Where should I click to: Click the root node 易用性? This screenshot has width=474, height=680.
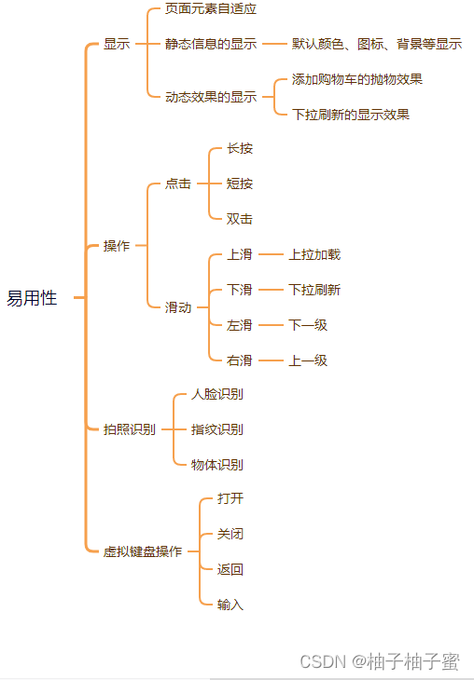point(32,298)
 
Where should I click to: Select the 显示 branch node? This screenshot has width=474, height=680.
point(117,44)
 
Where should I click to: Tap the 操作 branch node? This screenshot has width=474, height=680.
point(117,246)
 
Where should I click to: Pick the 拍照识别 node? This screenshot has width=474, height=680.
point(130,429)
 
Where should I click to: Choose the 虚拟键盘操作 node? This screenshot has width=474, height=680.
point(143,551)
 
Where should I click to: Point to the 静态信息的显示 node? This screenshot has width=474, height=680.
point(211,44)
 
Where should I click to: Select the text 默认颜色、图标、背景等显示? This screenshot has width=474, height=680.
point(376,44)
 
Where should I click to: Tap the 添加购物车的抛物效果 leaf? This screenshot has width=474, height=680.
point(356,79)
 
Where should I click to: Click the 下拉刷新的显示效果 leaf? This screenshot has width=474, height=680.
point(350,115)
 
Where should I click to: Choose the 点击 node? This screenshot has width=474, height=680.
point(178,184)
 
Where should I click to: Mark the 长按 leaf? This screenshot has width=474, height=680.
point(240,148)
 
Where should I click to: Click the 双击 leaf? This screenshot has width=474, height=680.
point(240,219)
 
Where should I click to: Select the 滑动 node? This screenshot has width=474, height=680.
point(178,307)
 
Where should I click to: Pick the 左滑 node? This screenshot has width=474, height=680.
point(240,325)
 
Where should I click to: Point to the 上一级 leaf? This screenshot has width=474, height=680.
point(308,360)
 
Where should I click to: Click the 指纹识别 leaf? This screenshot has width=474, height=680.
point(217,429)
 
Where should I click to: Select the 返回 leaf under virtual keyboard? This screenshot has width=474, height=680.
point(230,569)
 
